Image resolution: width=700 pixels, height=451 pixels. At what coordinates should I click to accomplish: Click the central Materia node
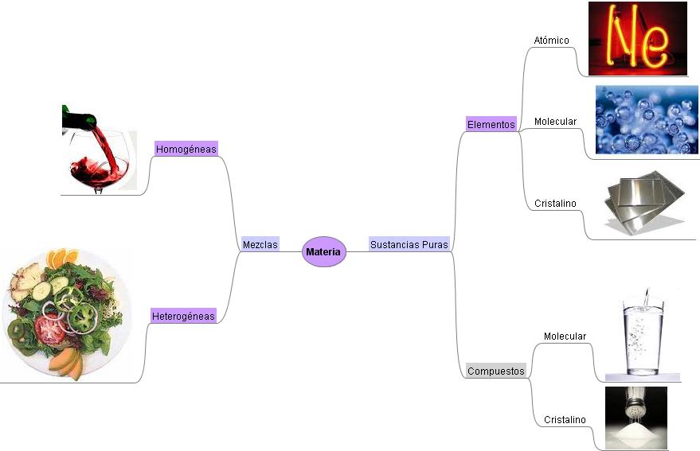pyautogui.click(x=323, y=252)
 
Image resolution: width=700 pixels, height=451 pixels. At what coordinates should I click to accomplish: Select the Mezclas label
pyautogui.click(x=260, y=245)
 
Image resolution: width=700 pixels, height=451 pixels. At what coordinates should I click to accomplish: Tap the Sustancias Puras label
pyautogui.click(x=409, y=245)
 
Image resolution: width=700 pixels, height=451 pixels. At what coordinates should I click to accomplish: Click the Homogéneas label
pyautogui.click(x=186, y=149)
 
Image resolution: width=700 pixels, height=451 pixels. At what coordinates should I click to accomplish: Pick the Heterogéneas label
pyautogui.click(x=183, y=316)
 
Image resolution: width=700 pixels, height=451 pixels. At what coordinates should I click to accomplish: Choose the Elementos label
pyautogui.click(x=491, y=124)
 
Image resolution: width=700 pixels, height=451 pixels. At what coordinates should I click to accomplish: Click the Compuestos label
pyautogui.click(x=496, y=371)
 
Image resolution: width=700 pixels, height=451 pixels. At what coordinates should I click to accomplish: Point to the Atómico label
pyautogui.click(x=551, y=40)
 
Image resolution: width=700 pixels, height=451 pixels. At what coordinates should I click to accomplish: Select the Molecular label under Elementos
pyautogui.click(x=555, y=122)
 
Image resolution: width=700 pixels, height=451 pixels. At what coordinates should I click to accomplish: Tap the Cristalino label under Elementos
pyautogui.click(x=555, y=204)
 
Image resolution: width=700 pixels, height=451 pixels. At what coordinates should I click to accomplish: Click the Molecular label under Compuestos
pyautogui.click(x=565, y=336)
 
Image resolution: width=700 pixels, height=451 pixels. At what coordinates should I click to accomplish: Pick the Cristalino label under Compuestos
pyautogui.click(x=565, y=419)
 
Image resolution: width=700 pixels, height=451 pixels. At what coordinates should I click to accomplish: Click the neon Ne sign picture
pyautogui.click(x=637, y=39)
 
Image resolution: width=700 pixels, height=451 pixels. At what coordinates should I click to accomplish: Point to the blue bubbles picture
pyautogui.click(x=647, y=120)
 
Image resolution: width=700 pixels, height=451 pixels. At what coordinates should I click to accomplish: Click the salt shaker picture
pyautogui.click(x=635, y=418)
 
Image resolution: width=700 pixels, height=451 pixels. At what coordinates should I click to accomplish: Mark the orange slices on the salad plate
pyautogui.click(x=61, y=258)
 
